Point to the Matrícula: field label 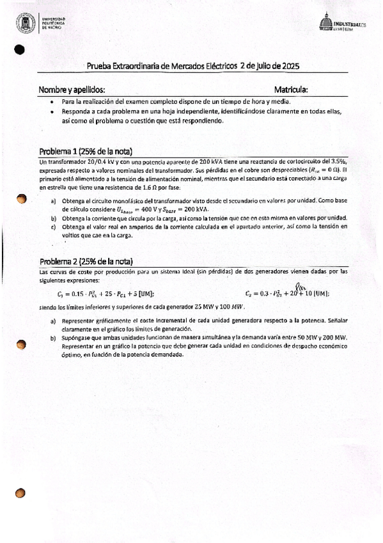(x=291, y=90)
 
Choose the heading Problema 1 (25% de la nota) (x=85, y=152)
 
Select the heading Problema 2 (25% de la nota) (x=86, y=261)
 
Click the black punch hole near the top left (x=19, y=49)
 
